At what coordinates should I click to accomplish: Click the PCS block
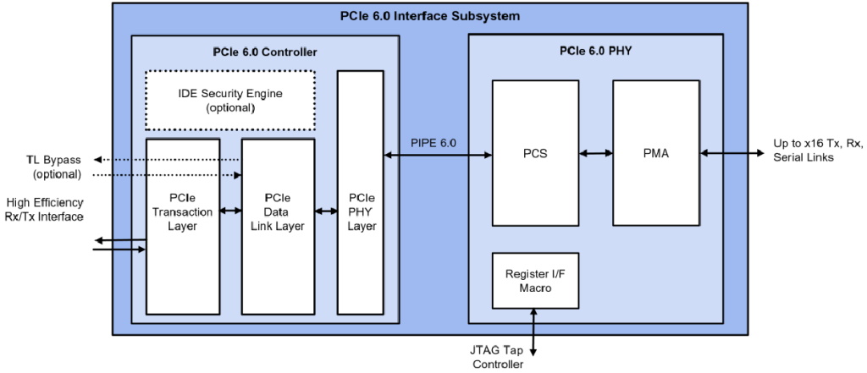pos(535,153)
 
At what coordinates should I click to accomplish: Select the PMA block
pos(656,153)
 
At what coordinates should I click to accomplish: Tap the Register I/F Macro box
pos(535,280)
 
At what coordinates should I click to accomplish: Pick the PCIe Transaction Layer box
pos(183,225)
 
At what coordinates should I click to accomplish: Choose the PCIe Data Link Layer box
pos(278,225)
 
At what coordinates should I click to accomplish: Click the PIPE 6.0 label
pos(433,143)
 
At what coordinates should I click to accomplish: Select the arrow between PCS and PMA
pos(596,153)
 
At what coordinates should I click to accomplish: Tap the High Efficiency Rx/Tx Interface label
pos(45,210)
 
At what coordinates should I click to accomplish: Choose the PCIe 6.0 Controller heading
pos(264,52)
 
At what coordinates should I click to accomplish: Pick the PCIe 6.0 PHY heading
pos(595,50)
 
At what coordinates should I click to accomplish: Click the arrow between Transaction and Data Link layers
pos(230,211)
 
